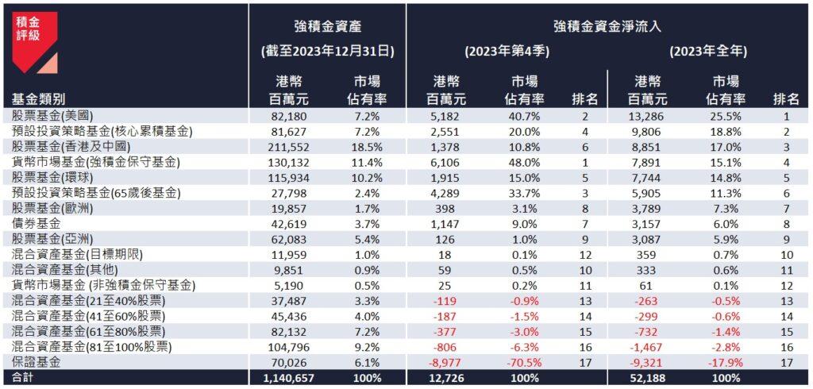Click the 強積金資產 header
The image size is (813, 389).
pos(327,26)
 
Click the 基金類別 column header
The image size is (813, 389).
pos(39,99)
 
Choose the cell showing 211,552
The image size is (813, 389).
pos(291,148)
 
